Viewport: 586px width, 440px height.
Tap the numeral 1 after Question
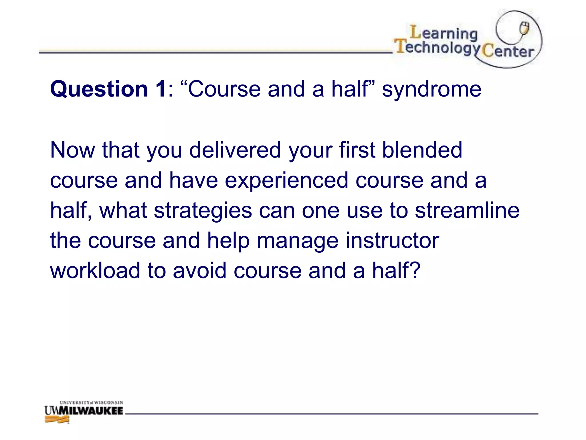[x=161, y=89]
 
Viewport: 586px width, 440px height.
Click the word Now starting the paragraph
[x=72, y=150]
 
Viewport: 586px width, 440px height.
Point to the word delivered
[x=235, y=150]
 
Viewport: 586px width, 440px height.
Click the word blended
[x=422, y=150]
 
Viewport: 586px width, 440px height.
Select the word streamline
[x=467, y=210]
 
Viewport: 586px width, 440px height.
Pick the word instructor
[x=392, y=240]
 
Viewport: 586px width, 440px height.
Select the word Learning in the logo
[x=444, y=33]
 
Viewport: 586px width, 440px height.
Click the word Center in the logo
[x=508, y=52]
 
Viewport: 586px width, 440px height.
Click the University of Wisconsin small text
[x=91, y=402]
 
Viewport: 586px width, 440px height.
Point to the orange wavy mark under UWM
[x=57, y=420]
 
